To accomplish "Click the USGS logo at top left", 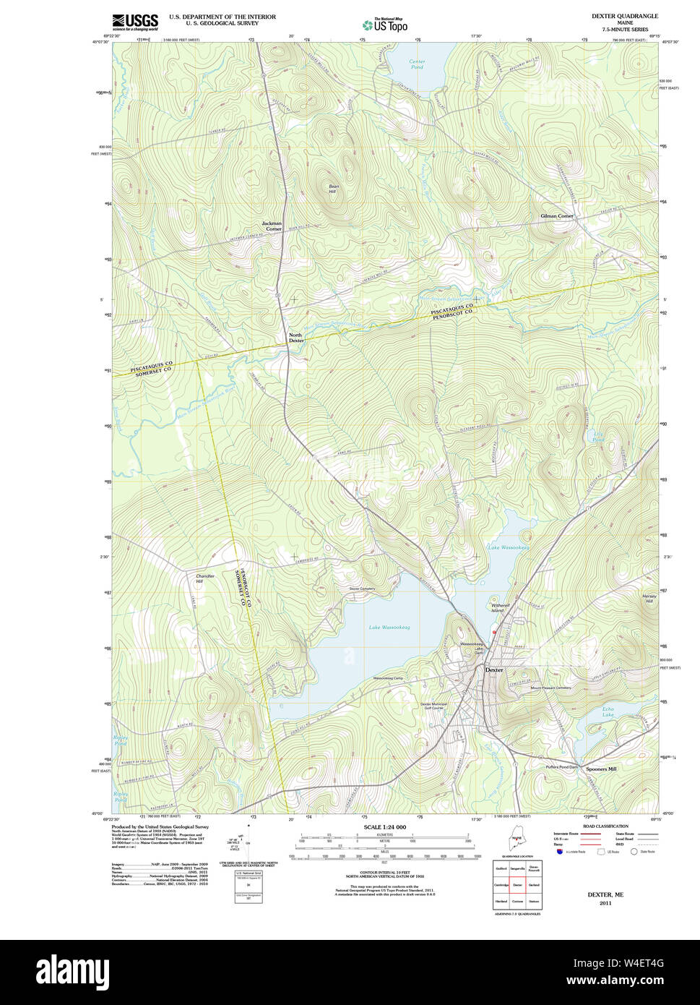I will [135, 22].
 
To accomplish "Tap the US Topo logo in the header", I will [385, 25].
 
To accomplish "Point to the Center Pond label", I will [417, 64].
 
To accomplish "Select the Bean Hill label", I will [333, 189].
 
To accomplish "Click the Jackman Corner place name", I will [272, 226].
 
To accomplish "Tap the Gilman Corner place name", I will [557, 216].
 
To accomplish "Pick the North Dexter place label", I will [295, 338].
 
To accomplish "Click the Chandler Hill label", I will [204, 578].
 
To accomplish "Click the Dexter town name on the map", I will [494, 670].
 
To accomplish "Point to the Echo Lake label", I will [608, 712].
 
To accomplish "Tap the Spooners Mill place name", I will [601, 769].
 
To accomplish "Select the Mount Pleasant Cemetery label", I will [550, 688].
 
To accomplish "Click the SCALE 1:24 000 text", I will [384, 827].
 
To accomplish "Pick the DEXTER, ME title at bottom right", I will [605, 895].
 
